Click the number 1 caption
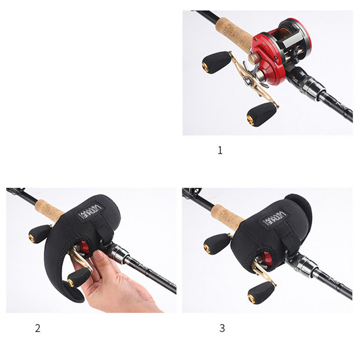[220, 150]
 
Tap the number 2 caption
[37, 328]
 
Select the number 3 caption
[222, 328]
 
